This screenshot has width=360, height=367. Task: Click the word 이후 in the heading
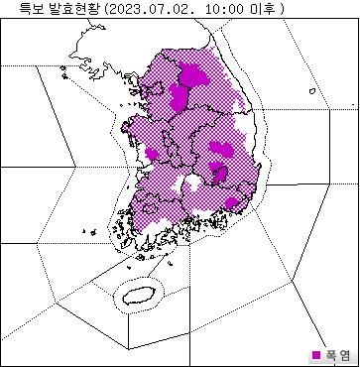click(261, 8)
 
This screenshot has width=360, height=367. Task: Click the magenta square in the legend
click(316, 354)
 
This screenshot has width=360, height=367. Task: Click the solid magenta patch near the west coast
click(152, 153)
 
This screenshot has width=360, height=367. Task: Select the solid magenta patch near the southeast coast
click(232, 203)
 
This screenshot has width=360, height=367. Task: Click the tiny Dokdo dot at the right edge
click(350, 105)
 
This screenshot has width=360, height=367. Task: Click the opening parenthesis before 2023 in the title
click(105, 8)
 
